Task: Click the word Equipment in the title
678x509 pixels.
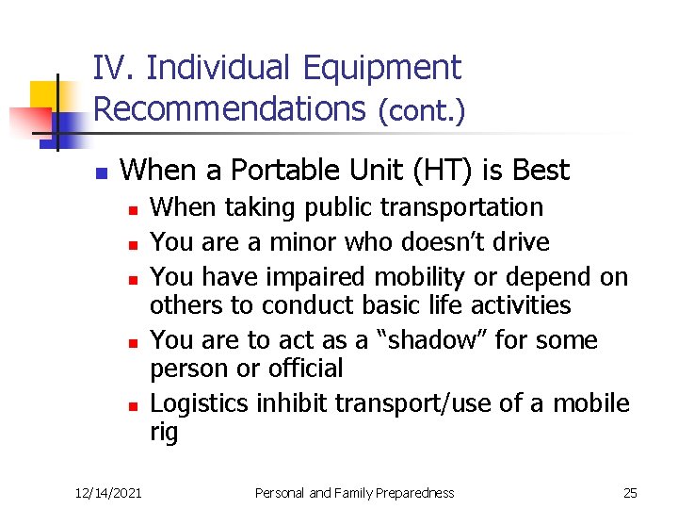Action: coord(381,68)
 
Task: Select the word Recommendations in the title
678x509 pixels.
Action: coord(229,108)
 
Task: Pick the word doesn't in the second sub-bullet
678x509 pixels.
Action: coord(450,241)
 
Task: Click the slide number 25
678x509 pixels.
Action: coord(630,492)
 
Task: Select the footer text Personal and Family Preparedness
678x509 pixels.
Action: coord(356,492)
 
